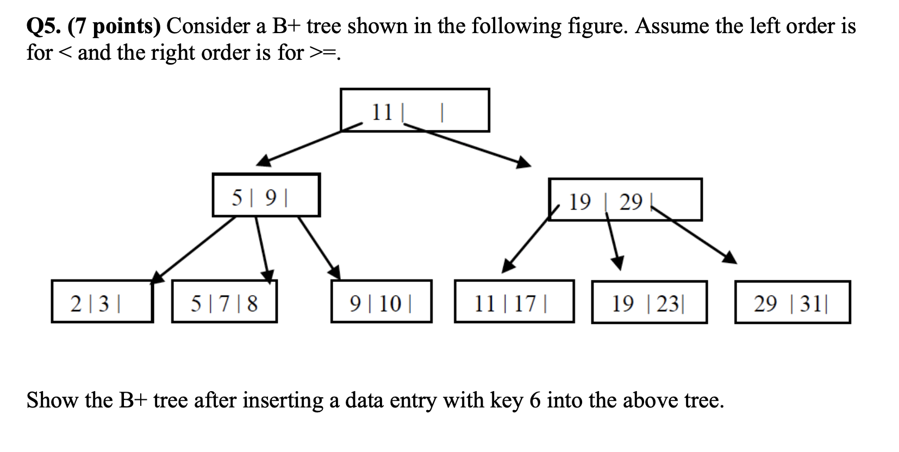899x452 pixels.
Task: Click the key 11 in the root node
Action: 382,112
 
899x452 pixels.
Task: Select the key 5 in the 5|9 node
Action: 238,197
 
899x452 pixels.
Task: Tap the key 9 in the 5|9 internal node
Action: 271,197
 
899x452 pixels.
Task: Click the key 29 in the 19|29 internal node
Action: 631,202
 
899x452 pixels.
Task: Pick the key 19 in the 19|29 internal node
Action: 579,202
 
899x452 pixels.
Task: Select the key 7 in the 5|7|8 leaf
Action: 224,303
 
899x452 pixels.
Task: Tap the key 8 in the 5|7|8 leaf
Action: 252,303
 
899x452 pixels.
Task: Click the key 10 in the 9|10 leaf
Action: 390,303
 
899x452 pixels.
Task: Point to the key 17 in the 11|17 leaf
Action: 525,303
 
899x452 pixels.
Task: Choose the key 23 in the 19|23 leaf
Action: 667,303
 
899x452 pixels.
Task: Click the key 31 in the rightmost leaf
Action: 810,303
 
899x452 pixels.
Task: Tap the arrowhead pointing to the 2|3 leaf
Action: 157,277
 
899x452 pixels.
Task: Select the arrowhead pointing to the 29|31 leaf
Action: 730,257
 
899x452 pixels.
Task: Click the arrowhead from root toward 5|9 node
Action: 264,160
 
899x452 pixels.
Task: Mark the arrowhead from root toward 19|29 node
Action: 523,162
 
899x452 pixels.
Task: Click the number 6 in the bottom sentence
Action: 535,400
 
